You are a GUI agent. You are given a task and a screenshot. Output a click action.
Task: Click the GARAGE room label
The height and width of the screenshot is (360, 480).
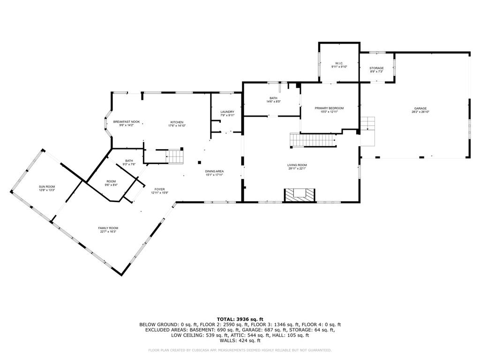pyautogui.click(x=420, y=108)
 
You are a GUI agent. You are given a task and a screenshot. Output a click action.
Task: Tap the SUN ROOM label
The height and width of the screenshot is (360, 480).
pyautogui.click(x=47, y=187)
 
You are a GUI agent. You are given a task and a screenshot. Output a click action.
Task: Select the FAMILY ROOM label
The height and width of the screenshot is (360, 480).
pyautogui.click(x=108, y=228)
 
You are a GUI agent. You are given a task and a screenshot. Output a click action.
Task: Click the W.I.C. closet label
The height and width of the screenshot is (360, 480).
pyautogui.click(x=339, y=63)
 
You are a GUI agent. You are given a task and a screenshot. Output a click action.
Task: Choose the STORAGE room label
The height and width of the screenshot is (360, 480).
pyautogui.click(x=376, y=68)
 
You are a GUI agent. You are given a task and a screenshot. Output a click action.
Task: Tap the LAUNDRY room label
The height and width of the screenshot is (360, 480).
pyautogui.click(x=227, y=112)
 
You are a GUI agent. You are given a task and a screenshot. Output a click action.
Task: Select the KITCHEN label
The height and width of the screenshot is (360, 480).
pyautogui.click(x=177, y=122)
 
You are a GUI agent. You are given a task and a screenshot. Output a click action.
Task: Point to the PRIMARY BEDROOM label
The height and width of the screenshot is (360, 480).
pyautogui.click(x=329, y=108)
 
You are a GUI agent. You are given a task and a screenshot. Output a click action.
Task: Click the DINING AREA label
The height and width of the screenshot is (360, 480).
pyautogui.click(x=214, y=171)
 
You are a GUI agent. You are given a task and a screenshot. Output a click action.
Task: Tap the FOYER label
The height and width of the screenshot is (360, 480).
pyautogui.click(x=159, y=189)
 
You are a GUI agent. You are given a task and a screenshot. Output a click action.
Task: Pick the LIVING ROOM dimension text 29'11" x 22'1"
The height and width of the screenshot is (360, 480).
pyautogui.click(x=297, y=169)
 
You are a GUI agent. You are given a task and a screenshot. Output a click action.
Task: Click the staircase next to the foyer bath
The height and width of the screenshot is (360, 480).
pyautogui.click(x=175, y=156)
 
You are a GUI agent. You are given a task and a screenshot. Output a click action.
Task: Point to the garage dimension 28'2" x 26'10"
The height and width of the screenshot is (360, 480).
pyautogui.click(x=420, y=112)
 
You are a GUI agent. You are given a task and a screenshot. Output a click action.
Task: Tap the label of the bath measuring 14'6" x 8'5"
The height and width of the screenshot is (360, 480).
pyautogui.click(x=273, y=98)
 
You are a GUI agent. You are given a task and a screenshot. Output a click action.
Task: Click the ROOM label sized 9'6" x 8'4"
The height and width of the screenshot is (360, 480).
pyautogui.click(x=111, y=181)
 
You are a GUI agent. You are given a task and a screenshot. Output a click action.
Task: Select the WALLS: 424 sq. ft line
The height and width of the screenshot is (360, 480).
pyautogui.click(x=240, y=341)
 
